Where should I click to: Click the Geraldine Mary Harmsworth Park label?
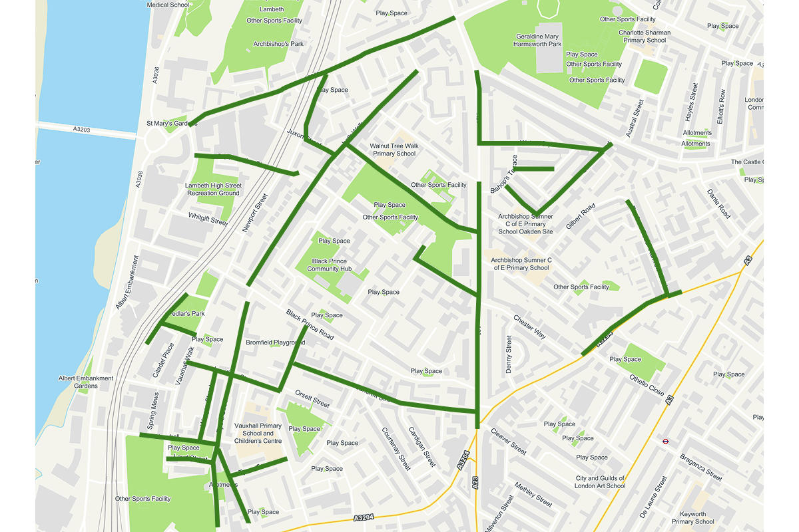(537, 40)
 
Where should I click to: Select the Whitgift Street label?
(208, 219)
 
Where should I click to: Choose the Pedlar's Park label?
(186, 313)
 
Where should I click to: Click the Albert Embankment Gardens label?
(86, 382)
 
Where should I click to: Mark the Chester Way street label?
(529, 327)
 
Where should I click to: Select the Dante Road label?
(719, 204)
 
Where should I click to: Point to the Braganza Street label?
(700, 467)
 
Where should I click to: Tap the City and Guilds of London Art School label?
(601, 482)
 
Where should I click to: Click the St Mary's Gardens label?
(172, 124)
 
